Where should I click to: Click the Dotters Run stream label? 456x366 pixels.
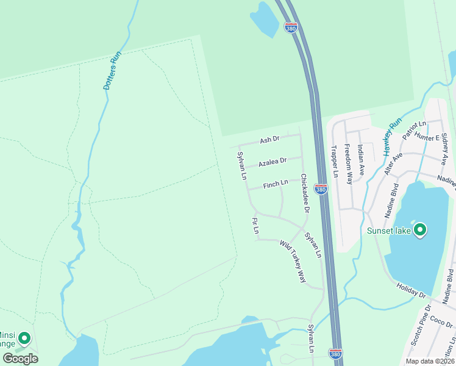click(x=112, y=71)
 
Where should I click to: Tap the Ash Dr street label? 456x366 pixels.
click(x=269, y=140)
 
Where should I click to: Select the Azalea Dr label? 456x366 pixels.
click(x=272, y=162)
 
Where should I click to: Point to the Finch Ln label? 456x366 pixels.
click(x=276, y=184)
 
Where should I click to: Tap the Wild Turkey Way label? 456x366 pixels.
click(x=293, y=261)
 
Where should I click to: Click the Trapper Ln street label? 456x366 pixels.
click(x=333, y=161)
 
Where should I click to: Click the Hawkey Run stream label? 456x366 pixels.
click(x=393, y=136)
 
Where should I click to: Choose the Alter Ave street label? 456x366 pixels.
click(x=393, y=164)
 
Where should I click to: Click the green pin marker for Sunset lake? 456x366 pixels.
click(x=420, y=230)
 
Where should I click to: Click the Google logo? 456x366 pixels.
click(x=20, y=359)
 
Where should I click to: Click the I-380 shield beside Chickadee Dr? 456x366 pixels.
click(x=321, y=189)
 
